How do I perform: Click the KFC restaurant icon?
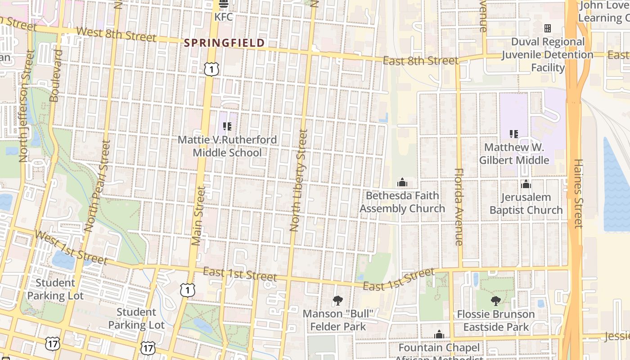point(224,4)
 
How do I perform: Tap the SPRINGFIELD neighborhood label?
point(225,43)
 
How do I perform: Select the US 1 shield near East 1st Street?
point(187,290)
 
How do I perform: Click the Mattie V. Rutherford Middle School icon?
point(227,126)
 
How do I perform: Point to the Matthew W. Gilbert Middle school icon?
point(513,134)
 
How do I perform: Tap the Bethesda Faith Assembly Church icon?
point(402,182)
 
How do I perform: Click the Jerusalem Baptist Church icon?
point(526,184)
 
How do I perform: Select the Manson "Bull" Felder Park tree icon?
point(337,301)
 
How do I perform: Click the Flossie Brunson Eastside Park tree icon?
point(495,301)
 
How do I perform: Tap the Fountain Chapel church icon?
point(439,335)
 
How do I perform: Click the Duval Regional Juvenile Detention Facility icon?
point(547,28)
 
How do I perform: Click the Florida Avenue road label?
point(459,207)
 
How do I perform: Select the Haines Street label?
point(578,193)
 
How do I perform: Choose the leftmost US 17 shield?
point(52,343)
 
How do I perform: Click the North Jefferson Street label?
point(26,106)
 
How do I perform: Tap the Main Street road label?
point(198,216)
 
